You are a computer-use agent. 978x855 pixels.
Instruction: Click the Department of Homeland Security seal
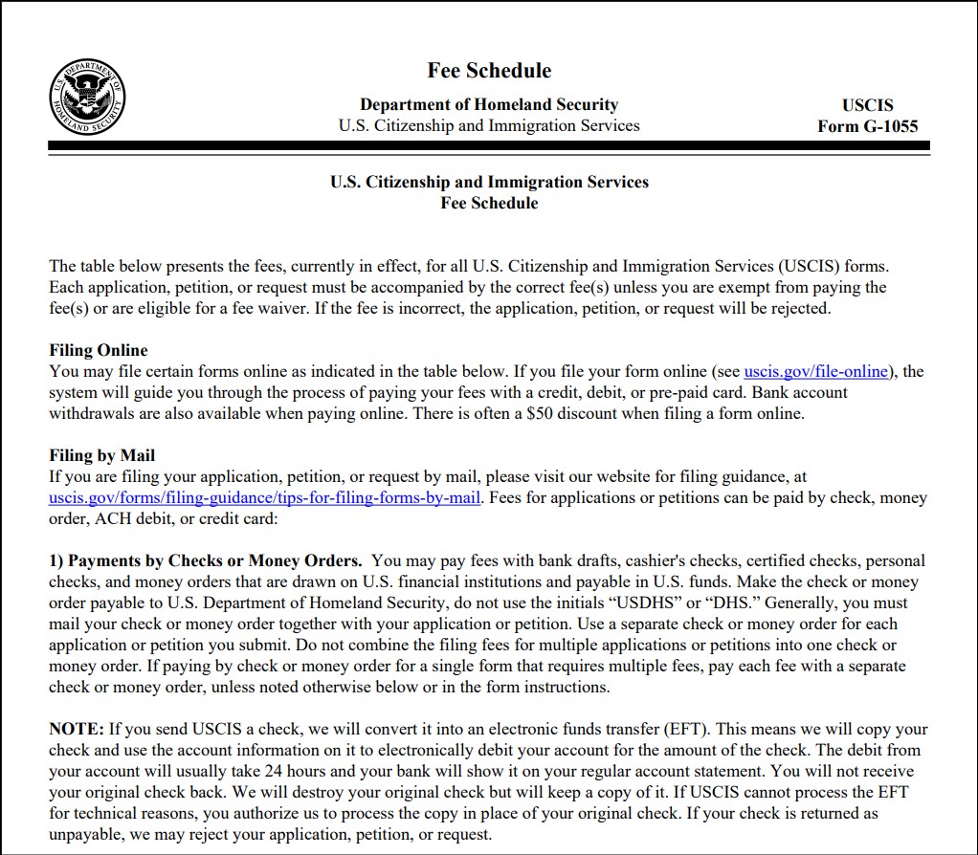coord(87,97)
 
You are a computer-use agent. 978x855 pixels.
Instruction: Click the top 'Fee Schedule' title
coord(489,71)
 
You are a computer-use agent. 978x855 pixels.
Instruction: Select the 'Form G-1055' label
coord(867,126)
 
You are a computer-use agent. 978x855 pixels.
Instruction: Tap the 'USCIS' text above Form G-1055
coord(867,105)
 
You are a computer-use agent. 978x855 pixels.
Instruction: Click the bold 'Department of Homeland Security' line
coord(489,104)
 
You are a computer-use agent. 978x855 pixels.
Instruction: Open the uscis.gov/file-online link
coord(815,371)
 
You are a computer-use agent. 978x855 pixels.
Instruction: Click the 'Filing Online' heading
coord(99,350)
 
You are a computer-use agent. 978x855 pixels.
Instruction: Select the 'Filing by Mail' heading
coord(101,455)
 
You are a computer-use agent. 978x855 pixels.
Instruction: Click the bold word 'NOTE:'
coord(76,729)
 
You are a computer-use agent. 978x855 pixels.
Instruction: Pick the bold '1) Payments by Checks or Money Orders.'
coord(206,560)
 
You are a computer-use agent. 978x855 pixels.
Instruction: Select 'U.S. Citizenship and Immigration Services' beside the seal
coord(489,125)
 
